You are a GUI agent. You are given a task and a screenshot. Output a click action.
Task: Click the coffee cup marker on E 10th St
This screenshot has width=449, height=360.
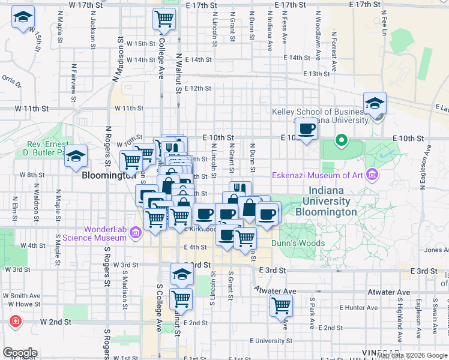click(306, 128)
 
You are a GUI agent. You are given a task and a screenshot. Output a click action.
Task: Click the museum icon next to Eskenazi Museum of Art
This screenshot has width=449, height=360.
click(373, 175)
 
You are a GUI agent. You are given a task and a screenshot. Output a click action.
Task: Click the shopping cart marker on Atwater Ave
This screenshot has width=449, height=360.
click(281, 305)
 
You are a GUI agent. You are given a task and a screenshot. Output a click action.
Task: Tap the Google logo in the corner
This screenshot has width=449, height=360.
click(20, 353)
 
